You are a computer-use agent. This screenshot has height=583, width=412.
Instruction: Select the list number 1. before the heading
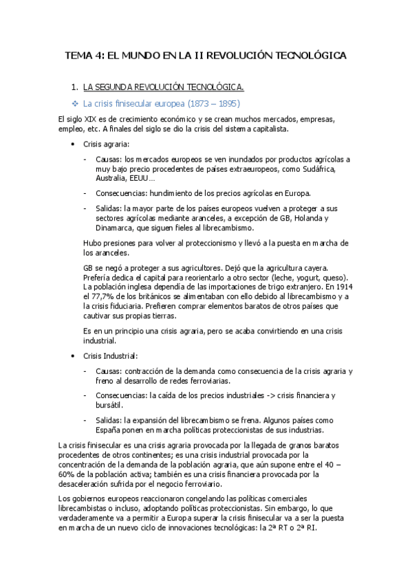tap(74, 87)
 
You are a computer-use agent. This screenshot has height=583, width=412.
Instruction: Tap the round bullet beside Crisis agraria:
tap(74, 144)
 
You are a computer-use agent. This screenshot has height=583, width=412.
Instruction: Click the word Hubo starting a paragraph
tap(93, 243)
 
